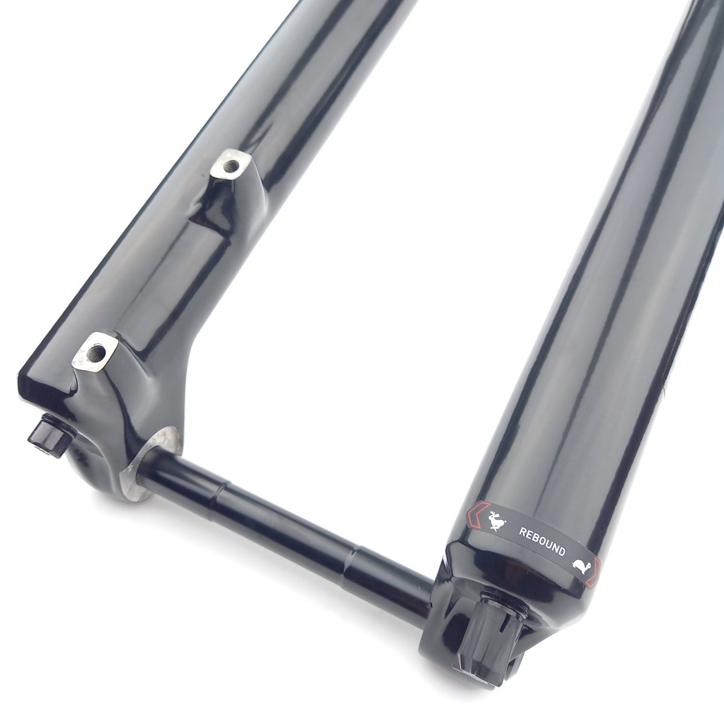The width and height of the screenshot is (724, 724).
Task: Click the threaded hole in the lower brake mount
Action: (98, 352)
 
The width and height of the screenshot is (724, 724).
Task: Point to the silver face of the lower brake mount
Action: (96, 352)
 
